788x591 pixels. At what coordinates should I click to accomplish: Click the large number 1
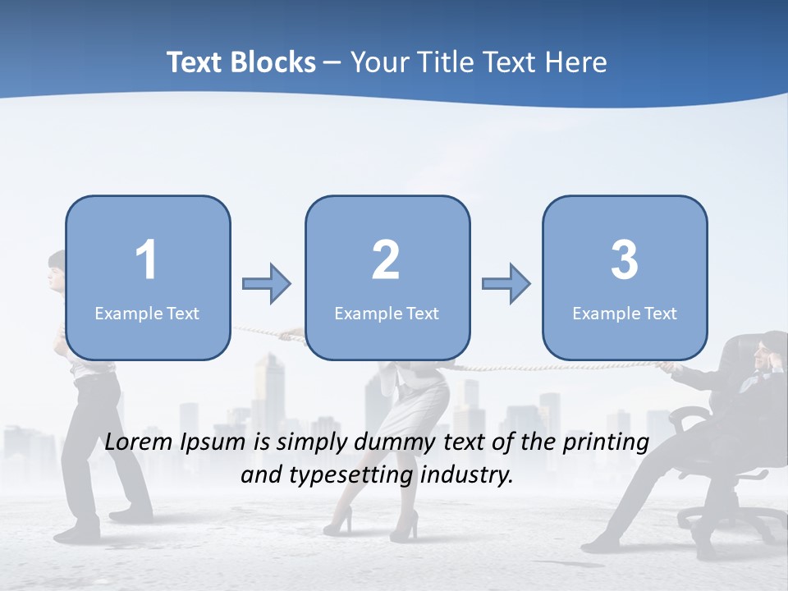coord(147,260)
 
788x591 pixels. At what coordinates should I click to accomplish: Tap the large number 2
coord(386,260)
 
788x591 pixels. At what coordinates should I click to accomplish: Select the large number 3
coord(625,260)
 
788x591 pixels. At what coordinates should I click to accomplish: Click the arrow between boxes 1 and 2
coord(267,284)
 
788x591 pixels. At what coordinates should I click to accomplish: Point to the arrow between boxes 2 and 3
coord(506,284)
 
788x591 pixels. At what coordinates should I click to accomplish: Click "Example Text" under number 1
coord(147,313)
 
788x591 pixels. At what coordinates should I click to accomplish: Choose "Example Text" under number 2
coord(387,313)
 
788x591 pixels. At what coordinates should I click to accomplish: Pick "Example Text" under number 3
coord(625,313)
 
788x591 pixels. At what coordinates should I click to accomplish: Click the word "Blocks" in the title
coord(274,62)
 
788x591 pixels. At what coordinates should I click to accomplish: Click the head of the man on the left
coord(57,271)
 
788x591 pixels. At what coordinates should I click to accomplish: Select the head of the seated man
coord(772,351)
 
